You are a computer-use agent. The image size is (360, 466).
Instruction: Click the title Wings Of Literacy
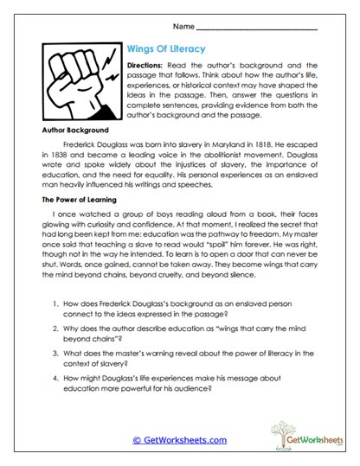(166, 49)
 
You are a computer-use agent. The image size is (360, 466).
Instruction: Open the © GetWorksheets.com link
(179, 440)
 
